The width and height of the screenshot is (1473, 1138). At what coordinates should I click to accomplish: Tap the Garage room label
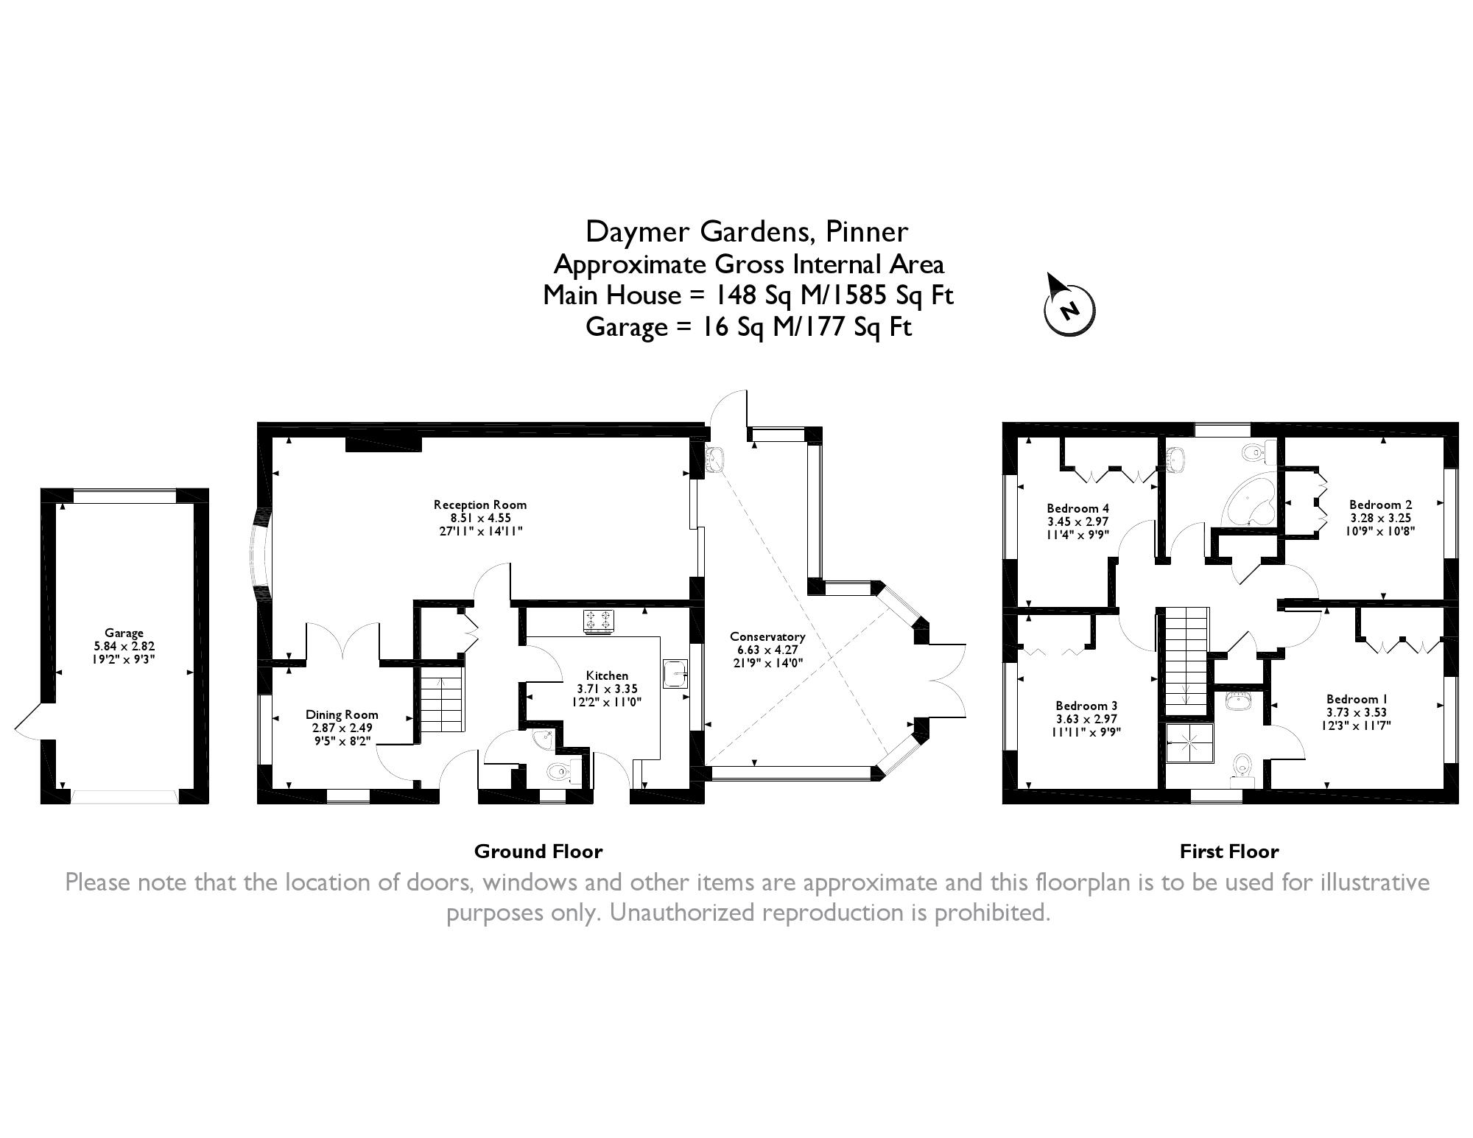(124, 633)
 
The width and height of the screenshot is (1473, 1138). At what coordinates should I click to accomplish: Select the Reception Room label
(480, 505)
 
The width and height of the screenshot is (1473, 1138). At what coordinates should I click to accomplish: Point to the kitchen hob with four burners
(598, 620)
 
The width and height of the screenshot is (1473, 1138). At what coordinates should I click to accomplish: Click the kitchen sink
(675, 673)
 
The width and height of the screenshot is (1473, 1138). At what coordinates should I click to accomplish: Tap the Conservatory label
(767, 636)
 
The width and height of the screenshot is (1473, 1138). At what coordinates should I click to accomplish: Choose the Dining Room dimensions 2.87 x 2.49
(342, 727)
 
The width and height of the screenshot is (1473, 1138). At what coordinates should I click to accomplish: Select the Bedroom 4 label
(1078, 508)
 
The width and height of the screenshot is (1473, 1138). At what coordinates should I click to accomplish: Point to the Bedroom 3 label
(1086, 706)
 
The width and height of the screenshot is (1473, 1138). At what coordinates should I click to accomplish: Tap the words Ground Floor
(538, 851)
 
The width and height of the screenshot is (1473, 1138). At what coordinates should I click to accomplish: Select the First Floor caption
(1229, 851)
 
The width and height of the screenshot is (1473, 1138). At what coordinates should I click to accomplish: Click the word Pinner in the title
(867, 232)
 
